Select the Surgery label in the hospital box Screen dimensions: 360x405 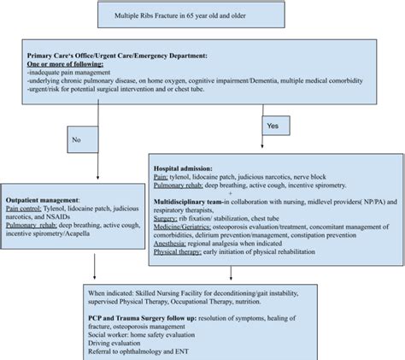pyautogui.click(x=167, y=217)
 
